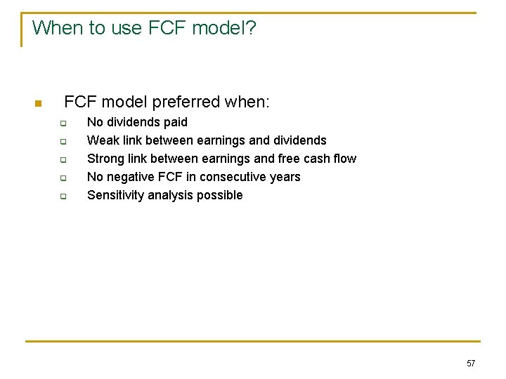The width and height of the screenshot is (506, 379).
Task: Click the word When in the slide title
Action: tap(53, 28)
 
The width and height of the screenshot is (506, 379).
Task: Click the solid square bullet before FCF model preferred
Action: tap(39, 104)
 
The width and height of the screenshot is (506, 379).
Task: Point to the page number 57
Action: tap(471, 363)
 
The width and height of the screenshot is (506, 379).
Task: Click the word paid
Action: tap(175, 122)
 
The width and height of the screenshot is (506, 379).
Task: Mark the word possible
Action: tap(221, 195)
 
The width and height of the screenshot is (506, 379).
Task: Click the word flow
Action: tap(344, 159)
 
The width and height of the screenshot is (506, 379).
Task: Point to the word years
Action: tap(285, 177)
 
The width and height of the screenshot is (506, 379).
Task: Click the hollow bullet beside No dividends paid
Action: tap(62, 124)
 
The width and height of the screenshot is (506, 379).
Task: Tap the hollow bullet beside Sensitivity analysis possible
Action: tap(62, 197)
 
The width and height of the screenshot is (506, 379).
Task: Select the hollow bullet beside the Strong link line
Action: tap(62, 160)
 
